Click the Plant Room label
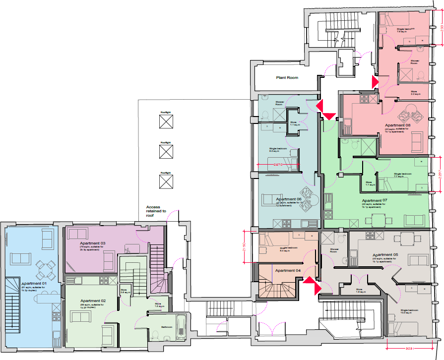tap(287, 78)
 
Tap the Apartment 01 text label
tap(20, 283)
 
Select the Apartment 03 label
tap(93, 243)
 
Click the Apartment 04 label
tap(288, 270)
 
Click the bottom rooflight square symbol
tap(166, 181)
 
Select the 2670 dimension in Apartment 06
tap(278, 165)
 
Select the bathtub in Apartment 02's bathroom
tap(182, 325)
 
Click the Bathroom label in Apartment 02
tap(166, 327)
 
